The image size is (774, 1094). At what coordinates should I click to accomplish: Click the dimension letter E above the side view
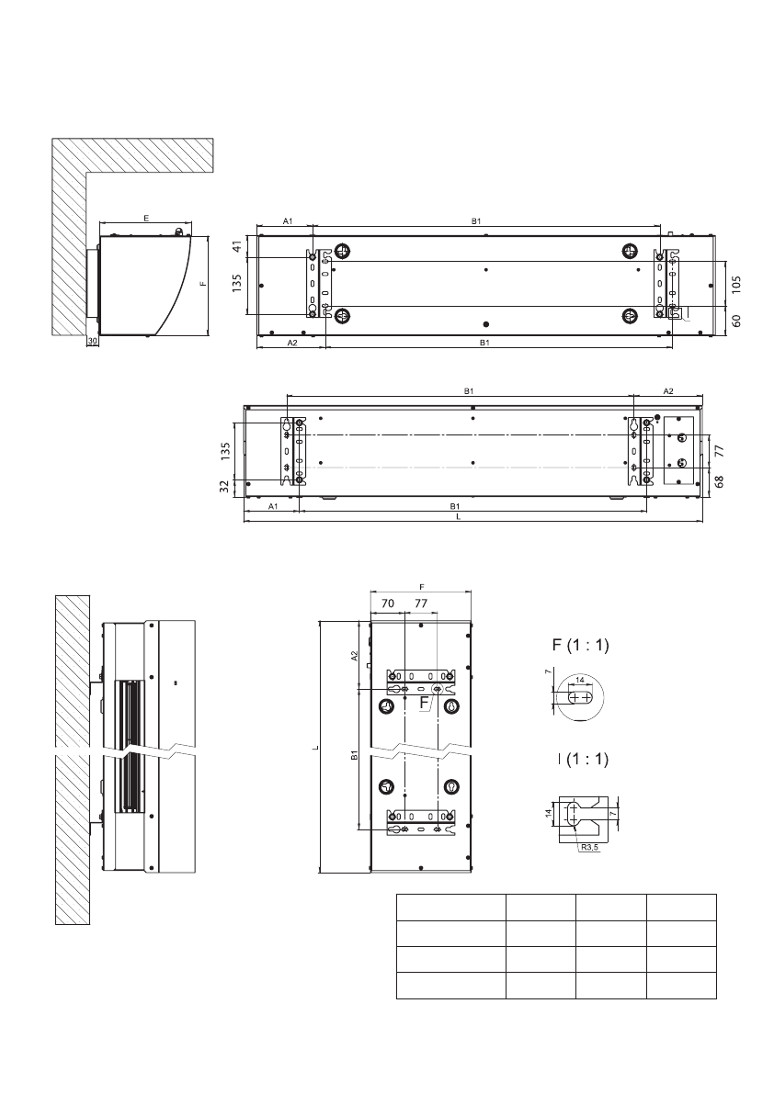click(146, 218)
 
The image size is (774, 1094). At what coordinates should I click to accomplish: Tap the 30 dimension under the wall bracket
click(92, 341)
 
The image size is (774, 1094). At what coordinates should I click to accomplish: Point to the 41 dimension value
click(236, 246)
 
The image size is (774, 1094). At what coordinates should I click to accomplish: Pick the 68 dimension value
click(720, 480)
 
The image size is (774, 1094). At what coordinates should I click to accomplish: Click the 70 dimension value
click(387, 603)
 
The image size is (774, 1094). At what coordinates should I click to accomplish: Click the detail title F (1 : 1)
click(580, 645)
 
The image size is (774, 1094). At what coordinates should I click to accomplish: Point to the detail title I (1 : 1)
click(582, 760)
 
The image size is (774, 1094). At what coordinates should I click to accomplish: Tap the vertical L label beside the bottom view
click(313, 748)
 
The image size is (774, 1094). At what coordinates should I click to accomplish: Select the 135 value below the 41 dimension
click(236, 285)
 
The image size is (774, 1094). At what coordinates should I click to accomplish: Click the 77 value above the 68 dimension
click(720, 451)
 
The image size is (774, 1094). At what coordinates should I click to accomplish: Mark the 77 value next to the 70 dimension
click(421, 603)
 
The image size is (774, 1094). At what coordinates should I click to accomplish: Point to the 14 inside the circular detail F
click(579, 681)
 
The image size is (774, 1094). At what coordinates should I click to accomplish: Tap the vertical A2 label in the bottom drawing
click(356, 657)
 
